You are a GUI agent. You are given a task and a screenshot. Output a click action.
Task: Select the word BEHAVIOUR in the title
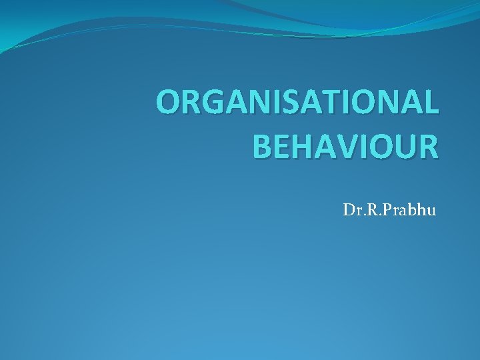pyautogui.click(x=347, y=145)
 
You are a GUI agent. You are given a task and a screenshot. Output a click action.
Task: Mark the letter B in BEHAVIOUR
pyautogui.click(x=263, y=145)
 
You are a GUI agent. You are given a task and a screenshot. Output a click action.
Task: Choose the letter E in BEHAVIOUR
pyautogui.click(x=283, y=145)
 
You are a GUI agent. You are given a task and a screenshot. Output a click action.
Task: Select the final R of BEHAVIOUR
pyautogui.click(x=429, y=145)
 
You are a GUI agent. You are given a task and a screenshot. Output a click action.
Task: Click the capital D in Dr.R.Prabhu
pyautogui.click(x=349, y=211)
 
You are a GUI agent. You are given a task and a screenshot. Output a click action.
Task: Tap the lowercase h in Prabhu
pyautogui.click(x=421, y=211)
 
